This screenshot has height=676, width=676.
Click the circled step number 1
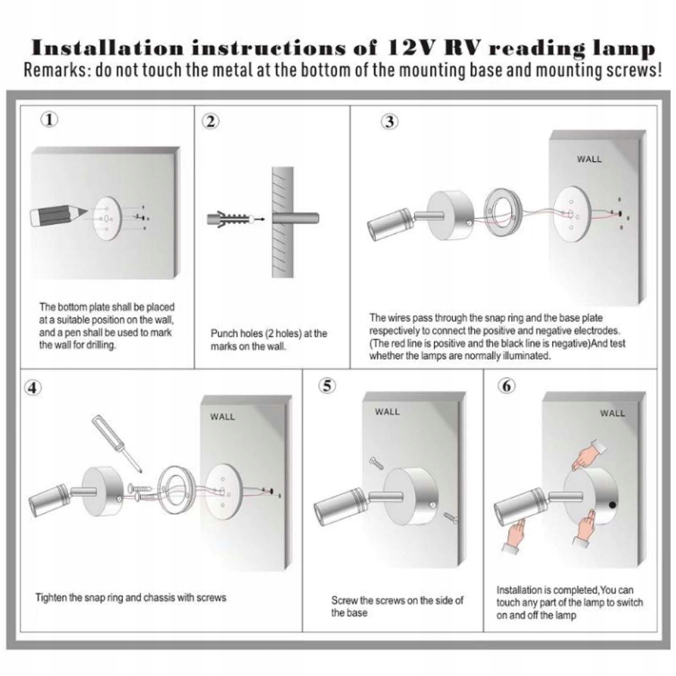coord(49,120)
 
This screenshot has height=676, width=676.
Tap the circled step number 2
coord(210,122)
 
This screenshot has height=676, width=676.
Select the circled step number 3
coord(390,122)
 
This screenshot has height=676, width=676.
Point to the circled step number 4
coord(33,388)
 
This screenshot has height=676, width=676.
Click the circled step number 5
coord(327,386)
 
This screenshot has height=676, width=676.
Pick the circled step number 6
coord(507,386)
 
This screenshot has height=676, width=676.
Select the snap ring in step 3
coord(503,213)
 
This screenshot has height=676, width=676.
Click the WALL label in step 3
coord(589,159)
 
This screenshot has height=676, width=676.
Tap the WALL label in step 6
coord(612,413)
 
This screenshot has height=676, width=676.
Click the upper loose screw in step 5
coord(376,463)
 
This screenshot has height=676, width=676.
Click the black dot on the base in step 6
coord(612,504)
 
